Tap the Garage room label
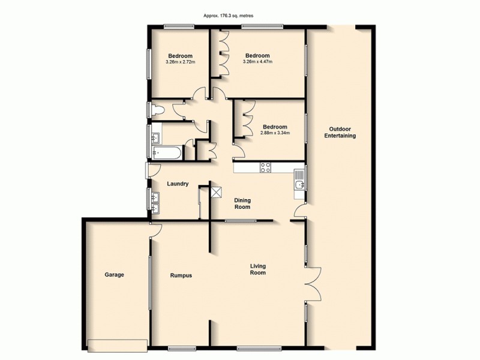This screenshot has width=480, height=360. (x=114, y=275)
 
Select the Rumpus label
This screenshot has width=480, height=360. (x=181, y=275)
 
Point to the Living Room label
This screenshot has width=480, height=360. (x=258, y=269)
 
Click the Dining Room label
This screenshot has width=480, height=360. (x=242, y=203)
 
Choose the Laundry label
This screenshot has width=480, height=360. (x=179, y=184)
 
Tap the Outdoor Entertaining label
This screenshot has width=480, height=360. (x=340, y=132)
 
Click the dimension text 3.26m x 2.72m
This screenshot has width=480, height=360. (x=180, y=62)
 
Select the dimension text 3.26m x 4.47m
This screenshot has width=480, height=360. (x=257, y=62)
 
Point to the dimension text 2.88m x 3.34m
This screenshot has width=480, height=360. (x=276, y=133)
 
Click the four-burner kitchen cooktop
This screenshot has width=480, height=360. (x=265, y=167)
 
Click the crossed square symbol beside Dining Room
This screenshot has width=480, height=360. (x=216, y=192)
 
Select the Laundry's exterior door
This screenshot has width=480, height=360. (x=147, y=170)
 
